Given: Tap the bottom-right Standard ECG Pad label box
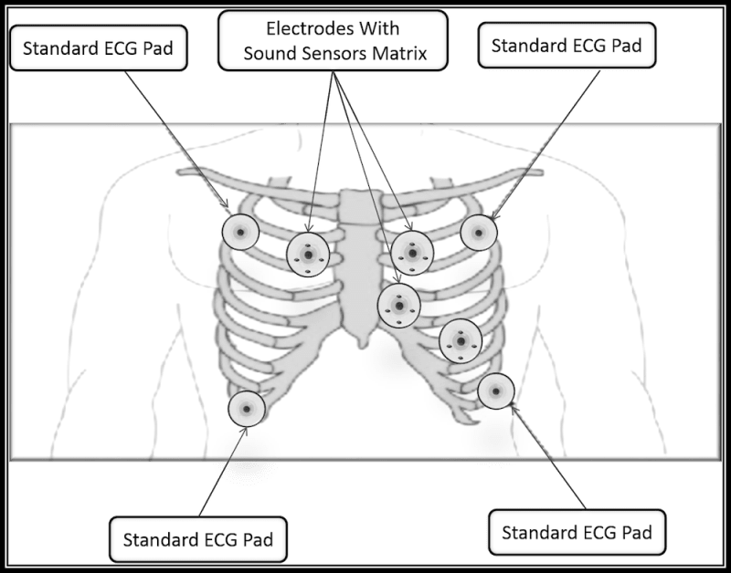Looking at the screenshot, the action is tap(577, 531).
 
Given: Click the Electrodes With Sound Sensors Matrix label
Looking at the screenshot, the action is tap(334, 40).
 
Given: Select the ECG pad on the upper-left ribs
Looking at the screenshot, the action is tap(241, 232).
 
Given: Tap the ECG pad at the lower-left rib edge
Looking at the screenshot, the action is tap(247, 408).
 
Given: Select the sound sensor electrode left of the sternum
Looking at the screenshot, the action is tap(307, 255).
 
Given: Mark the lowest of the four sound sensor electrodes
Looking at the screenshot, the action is tap(460, 340).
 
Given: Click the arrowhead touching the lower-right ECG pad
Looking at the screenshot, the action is tap(514, 409).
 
